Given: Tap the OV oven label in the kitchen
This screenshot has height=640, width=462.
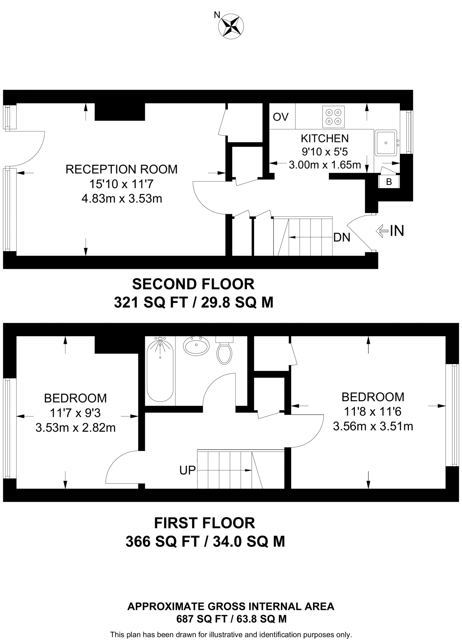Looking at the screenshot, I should [281, 117].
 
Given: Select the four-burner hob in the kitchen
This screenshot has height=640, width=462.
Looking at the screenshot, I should [333, 117].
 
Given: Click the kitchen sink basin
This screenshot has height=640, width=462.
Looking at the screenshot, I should [386, 143].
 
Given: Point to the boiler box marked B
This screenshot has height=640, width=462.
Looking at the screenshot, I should [389, 182].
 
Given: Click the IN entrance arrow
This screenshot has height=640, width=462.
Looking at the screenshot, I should [390, 231].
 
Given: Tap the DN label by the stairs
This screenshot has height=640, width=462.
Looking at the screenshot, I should [342, 237].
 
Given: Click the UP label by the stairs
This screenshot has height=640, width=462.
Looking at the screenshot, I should [187, 470].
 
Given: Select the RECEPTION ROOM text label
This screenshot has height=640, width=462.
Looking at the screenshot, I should [122, 169].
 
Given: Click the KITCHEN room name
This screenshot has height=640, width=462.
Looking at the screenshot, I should [325, 138].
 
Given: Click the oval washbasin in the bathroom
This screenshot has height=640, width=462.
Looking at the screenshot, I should [196, 346].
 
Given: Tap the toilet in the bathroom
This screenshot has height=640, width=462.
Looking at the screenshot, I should [224, 351].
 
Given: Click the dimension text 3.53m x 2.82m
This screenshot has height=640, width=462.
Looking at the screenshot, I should [76, 427].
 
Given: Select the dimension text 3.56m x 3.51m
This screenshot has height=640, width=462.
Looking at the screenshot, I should [373, 426].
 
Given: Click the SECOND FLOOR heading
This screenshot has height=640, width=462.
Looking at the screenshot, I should [193, 284].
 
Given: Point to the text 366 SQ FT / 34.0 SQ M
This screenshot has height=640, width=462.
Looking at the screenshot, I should [205, 541].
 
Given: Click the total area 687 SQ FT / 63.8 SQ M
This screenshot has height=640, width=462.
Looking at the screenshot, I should [231, 619].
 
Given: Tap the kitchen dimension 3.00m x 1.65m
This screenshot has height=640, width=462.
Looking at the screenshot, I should [325, 165].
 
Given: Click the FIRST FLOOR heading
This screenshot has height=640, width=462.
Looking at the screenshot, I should [205, 523].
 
